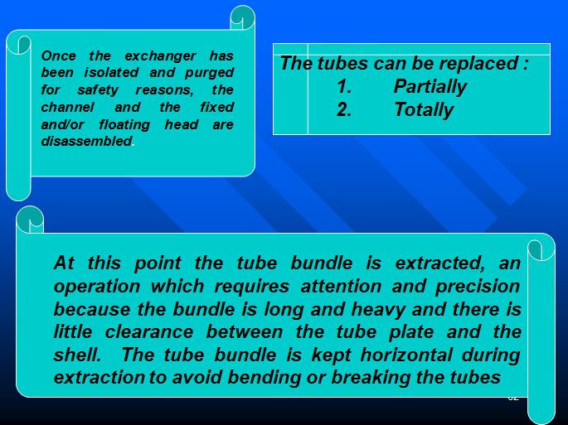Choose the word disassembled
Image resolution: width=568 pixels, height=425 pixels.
coord(86,142)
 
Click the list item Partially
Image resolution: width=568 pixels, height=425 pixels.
coord(430,87)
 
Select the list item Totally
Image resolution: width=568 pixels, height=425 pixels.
coord(423,110)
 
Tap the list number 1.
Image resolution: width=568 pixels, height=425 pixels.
coord(345,87)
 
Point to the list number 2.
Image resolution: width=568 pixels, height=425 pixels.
coord(345,110)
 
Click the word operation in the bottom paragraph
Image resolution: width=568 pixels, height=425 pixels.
coord(94,287)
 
